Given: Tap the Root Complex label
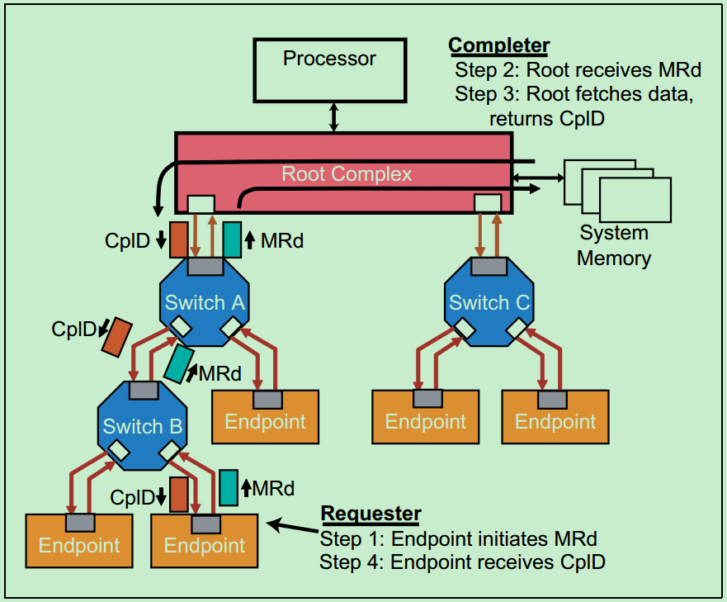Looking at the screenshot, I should (347, 174).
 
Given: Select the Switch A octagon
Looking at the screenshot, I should (204, 302).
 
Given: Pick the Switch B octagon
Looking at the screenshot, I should (142, 426).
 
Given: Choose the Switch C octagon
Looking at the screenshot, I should (489, 302).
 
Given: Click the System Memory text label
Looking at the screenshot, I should (613, 245).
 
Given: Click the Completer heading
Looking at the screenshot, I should (498, 45).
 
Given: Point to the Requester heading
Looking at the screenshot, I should (371, 514).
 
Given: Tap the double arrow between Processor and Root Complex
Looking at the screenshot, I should (333, 116).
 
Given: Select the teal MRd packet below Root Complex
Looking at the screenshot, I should (232, 239).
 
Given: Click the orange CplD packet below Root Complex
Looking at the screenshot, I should (179, 239).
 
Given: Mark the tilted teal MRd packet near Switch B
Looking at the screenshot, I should (177, 363).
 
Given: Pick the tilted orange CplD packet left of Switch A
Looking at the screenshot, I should (116, 336).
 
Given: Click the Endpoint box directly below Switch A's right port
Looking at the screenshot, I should (265, 422).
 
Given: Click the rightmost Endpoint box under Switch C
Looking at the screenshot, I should (555, 422).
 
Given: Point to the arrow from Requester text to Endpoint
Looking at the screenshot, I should (292, 526).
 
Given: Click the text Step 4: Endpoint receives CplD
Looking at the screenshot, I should (462, 563).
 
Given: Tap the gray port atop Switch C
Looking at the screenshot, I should (489, 266).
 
